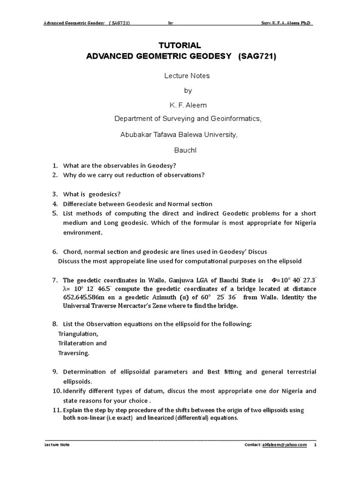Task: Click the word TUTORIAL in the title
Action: coord(180,45)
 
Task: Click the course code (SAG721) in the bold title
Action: coord(257,57)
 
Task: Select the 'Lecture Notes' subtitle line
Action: coord(187,75)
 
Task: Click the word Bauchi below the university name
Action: coord(186,150)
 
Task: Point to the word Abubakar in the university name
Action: coord(136,135)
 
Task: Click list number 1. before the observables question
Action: coord(54,165)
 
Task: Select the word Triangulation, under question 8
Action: coord(78,334)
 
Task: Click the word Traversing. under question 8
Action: coord(74,352)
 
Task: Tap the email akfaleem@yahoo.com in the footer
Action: coord(285,445)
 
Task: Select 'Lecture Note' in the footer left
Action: coord(57,445)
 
